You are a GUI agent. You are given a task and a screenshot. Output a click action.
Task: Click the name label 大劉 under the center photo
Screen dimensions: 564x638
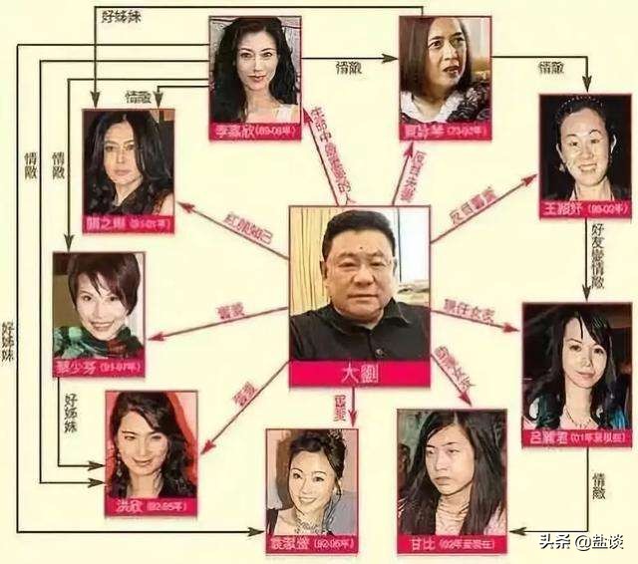pos(360,375)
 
